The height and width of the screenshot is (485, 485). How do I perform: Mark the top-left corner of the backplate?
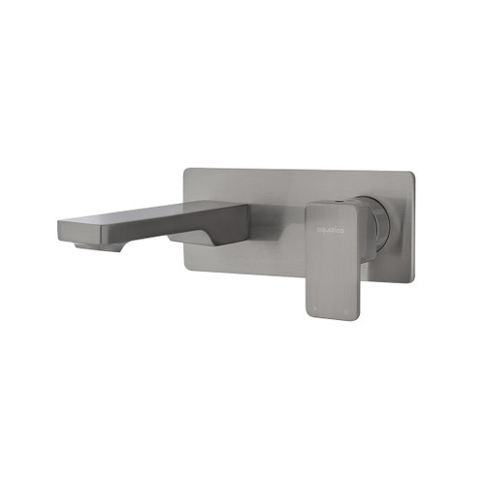(186, 171)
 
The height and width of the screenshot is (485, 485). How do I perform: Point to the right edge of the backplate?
(413, 228)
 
